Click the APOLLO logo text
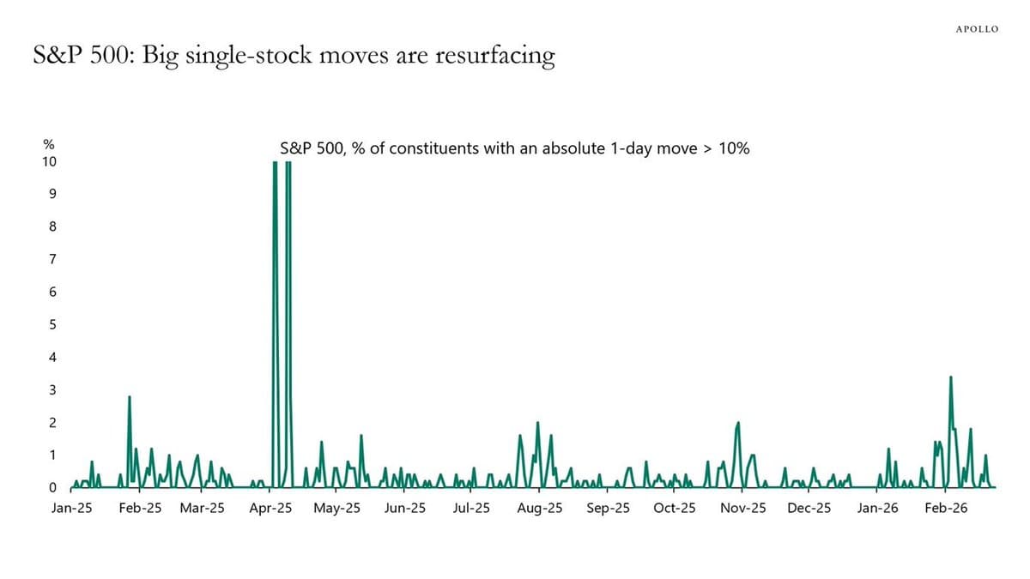coord(977,29)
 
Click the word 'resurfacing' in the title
coord(495,57)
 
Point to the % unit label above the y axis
coord(50,147)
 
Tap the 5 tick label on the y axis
coord(53,325)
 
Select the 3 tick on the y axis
coord(53,390)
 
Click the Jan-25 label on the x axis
coord(71,508)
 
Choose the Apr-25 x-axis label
coord(270,508)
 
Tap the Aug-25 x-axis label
coord(541,508)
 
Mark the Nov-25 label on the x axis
coord(742,508)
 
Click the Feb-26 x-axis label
coord(946,508)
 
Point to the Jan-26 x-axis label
coord(877,508)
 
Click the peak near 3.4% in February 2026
coord(950,377)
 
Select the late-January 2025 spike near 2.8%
coord(129,397)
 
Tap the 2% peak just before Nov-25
coord(738,423)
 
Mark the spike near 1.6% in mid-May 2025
coord(361,436)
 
